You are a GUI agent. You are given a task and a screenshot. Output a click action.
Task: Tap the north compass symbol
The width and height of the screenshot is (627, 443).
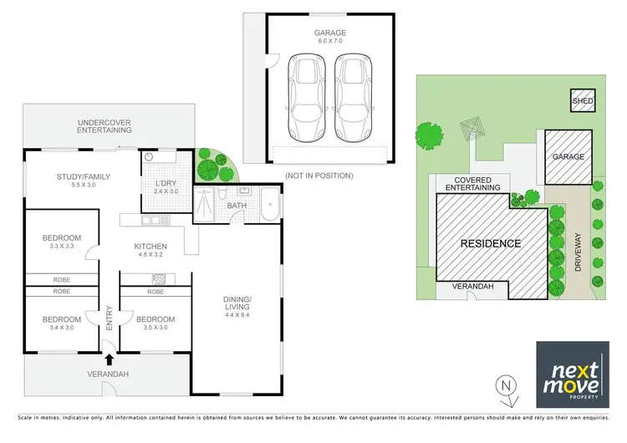tap(503, 387)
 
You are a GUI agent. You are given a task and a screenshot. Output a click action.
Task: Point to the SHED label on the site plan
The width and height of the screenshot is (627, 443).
tap(583, 102)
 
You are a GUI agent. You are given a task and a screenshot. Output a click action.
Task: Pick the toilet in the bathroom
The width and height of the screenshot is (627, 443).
tap(225, 194)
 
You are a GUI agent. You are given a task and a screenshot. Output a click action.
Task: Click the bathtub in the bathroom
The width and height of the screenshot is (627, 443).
tap(270, 205)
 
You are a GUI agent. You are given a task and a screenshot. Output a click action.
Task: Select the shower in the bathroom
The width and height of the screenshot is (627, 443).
tap(204, 205)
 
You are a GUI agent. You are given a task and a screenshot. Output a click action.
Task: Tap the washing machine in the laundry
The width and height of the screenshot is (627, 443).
tap(150, 157)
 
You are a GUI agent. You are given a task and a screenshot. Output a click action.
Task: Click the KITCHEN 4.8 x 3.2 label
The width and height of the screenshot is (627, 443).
tap(151, 250)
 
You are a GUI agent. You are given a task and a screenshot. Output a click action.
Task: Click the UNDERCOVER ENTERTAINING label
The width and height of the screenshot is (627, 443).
tap(104, 126)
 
